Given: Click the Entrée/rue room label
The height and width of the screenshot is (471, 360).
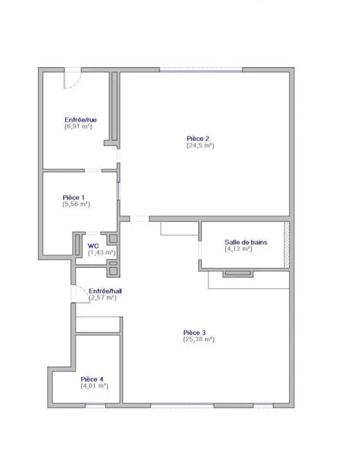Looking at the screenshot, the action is [x=81, y=120].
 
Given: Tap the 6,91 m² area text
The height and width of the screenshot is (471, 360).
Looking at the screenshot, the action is [x=78, y=127].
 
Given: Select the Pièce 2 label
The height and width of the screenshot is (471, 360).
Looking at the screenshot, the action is [x=198, y=139].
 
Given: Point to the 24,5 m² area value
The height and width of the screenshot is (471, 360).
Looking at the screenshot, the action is [x=201, y=145].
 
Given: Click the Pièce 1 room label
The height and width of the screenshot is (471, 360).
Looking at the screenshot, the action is [x=74, y=198].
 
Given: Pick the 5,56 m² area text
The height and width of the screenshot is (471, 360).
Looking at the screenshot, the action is [x=76, y=204].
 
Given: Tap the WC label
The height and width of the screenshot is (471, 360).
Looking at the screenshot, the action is [x=93, y=246].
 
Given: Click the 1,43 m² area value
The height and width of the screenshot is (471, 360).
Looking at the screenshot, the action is [x=102, y=253].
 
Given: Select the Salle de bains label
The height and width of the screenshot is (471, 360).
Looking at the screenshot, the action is [x=246, y=242].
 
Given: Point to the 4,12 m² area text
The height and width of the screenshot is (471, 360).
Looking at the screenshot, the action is [x=238, y=248].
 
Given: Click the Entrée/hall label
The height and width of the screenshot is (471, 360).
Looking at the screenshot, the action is [x=105, y=291].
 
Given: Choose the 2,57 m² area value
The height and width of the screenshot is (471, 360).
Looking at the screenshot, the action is [x=102, y=298].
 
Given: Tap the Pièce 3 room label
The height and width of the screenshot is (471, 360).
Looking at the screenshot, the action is [x=194, y=333].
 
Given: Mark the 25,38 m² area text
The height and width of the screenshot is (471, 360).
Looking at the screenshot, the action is [x=199, y=340].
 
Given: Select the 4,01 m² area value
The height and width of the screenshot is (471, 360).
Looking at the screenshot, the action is [x=94, y=386].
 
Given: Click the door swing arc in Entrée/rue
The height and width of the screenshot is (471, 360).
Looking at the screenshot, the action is [x=76, y=84].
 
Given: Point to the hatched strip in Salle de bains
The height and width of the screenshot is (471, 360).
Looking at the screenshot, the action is [x=287, y=245].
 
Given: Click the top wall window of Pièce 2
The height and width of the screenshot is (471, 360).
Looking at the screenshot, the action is [x=201, y=70].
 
